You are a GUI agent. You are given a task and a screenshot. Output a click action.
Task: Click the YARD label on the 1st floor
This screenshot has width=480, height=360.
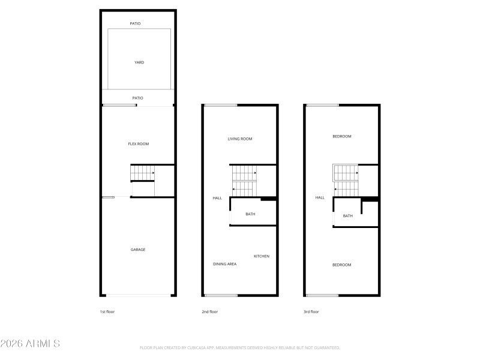(x=139, y=62)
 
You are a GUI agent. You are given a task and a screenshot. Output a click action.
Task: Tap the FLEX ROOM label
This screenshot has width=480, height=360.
(x=139, y=144)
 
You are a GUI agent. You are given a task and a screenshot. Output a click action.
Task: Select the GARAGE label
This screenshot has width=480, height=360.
(x=138, y=250)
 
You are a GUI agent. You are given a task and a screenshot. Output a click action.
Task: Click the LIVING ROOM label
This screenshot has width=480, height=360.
(x=239, y=139)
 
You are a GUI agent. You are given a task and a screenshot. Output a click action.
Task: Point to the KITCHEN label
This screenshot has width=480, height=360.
(x=261, y=256)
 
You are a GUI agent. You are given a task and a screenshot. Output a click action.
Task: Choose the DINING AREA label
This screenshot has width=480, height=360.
(x=224, y=264)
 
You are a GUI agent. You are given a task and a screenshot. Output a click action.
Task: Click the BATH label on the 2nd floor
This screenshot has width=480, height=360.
(x=250, y=214)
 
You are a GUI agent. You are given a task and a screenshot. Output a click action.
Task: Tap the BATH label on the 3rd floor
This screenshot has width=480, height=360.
(x=347, y=216)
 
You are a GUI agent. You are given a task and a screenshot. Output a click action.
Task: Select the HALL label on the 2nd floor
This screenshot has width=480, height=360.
(x=217, y=198)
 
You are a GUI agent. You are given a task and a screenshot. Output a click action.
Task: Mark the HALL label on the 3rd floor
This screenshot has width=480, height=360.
(x=320, y=197)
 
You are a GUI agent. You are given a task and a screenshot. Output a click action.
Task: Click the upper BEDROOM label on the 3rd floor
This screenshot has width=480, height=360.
(x=342, y=136)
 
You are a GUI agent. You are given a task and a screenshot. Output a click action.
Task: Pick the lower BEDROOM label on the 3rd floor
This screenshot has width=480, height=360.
(x=342, y=265)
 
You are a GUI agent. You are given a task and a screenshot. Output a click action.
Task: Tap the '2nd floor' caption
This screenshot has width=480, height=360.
(x=209, y=312)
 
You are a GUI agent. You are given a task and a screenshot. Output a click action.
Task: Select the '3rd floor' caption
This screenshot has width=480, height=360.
(x=311, y=312)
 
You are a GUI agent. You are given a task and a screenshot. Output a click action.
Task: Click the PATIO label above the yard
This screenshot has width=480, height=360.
(x=136, y=23)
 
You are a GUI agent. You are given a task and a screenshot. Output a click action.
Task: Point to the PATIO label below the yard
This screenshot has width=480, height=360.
(x=137, y=98)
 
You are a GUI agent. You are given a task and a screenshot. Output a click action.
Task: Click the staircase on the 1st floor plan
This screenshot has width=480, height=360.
(x=143, y=173)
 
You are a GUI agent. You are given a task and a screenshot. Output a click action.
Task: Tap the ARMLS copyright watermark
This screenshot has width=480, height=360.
(x=30, y=344)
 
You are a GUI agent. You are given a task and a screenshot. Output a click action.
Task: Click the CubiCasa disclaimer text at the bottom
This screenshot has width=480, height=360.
(x=239, y=347)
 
